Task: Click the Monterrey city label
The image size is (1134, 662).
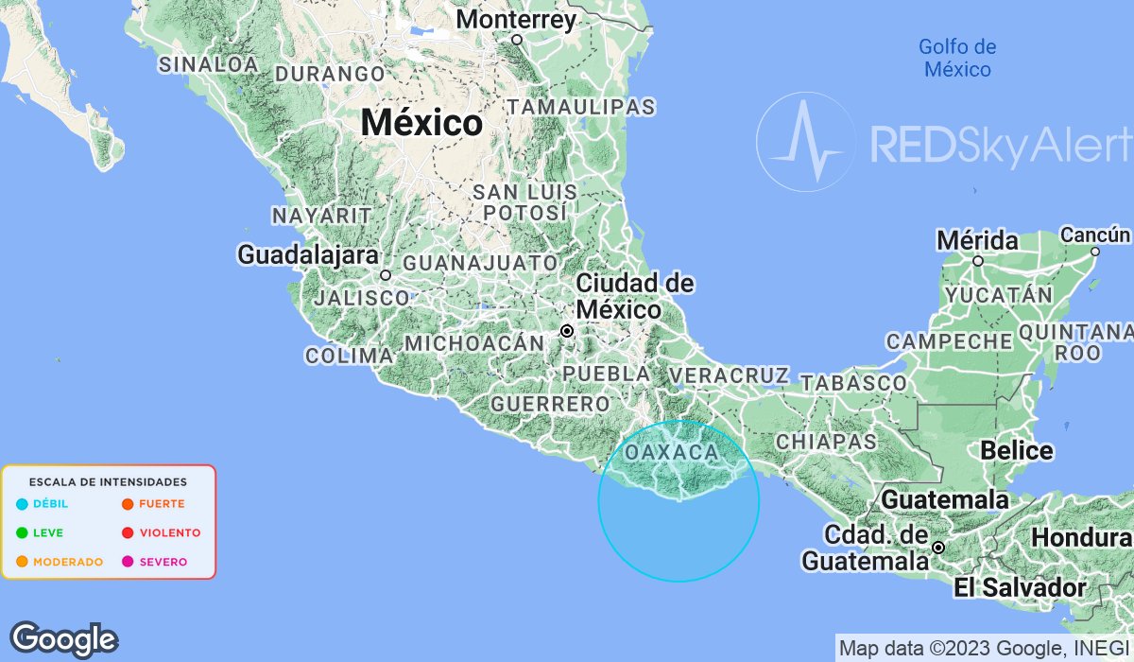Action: coord(516,20)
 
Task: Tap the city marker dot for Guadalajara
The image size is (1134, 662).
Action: coord(386,275)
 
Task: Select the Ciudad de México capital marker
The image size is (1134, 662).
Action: coord(567,331)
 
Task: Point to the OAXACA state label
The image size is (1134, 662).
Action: coord(671,453)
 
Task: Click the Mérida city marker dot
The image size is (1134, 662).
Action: coord(978,261)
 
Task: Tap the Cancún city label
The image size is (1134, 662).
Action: coord(1095,235)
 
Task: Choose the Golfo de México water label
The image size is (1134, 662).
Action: coord(957,58)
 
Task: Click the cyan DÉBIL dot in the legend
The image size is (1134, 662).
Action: coord(22,504)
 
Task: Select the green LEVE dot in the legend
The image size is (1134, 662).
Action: coord(22,532)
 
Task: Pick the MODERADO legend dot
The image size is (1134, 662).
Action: coord(22,562)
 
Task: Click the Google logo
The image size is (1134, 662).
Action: coord(63,640)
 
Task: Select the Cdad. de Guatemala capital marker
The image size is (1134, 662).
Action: coord(938,548)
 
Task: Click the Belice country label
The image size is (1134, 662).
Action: coord(1017,450)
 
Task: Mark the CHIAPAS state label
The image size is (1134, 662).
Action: coord(826,442)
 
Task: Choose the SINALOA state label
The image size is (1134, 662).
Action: coord(209,64)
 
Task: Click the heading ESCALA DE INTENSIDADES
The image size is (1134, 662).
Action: coord(108,482)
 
